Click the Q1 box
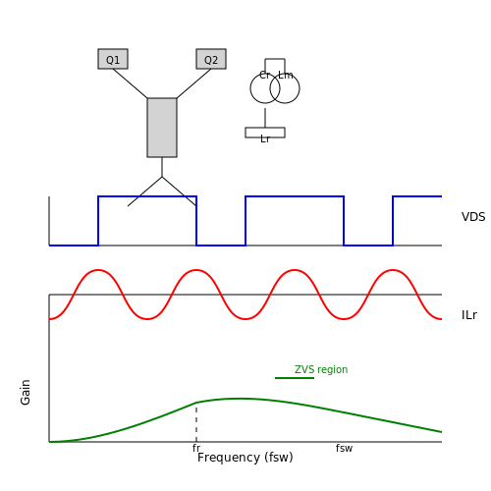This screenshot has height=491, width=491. pos(113,59)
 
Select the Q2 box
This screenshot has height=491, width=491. pos(211,59)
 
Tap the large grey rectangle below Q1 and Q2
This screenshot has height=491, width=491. pos(162,128)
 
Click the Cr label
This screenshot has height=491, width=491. pos(264,75)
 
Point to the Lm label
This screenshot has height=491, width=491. pos(286,75)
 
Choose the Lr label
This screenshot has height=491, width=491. pos(265,139)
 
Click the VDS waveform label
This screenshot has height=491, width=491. pos(473,217)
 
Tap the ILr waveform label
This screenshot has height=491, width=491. pos(469,315)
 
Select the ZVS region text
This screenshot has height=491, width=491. pos(321,369)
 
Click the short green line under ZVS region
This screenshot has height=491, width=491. pos(295,378)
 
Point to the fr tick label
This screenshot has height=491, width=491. pos(196,448)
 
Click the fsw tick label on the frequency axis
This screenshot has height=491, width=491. pos(344,448)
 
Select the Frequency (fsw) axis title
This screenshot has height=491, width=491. pos(245,458)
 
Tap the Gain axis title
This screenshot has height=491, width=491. pos(26,393)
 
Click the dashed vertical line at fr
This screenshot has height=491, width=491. pos(196,422)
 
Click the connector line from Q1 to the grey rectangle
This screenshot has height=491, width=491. pos(130,83)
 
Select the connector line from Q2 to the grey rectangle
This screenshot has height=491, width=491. pos(193,83)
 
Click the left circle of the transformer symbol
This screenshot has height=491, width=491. pos(250,88)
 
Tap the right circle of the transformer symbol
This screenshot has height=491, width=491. pos(300,88)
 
